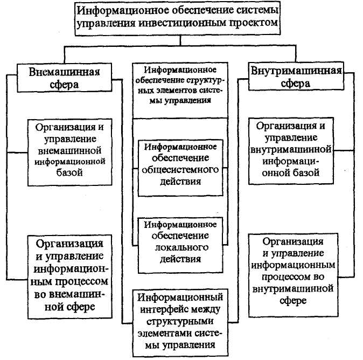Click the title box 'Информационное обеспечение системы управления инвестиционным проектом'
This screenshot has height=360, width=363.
coord(178,18)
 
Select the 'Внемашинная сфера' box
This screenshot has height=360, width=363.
coord(64,78)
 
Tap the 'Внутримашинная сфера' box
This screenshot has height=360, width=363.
coord(296,76)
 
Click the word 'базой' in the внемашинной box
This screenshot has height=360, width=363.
coord(69,172)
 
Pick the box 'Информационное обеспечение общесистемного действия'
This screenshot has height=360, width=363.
coord(180,168)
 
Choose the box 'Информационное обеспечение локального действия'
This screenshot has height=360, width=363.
coord(180,245)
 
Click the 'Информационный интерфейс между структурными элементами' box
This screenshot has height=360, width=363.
coord(180,322)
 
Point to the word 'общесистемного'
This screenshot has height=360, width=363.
coord(180,170)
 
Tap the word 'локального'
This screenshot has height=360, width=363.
coord(181,247)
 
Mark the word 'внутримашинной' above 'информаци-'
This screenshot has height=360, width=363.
coord(291,149)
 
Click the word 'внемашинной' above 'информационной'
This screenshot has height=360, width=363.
coord(69,150)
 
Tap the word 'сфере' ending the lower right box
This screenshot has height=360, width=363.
coord(294,301)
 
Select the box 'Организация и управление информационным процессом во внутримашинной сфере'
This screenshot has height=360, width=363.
coord(294,275)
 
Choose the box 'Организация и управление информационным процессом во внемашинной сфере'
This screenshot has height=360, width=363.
coord(69,277)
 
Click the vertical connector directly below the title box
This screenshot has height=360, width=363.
coord(180,40)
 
